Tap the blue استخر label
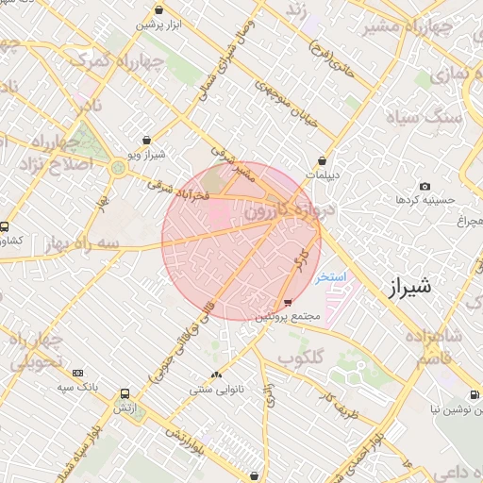332,277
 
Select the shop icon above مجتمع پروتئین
288,303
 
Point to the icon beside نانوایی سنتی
217,375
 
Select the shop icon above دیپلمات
323,160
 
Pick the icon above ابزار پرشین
158,10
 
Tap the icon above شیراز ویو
146,141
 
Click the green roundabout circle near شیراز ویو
118,168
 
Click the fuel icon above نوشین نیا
472,395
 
